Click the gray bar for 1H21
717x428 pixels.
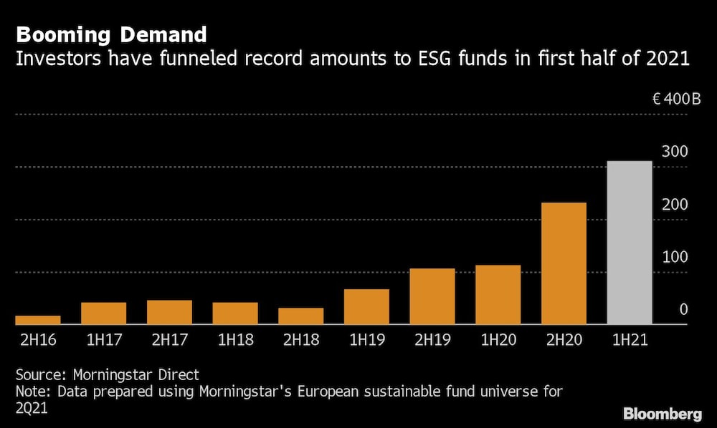point(630,243)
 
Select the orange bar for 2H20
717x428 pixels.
point(564,263)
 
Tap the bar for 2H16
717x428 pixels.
point(38,320)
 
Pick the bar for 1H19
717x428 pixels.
point(366,307)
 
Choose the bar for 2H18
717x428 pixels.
point(300,316)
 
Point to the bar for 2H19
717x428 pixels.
point(432,296)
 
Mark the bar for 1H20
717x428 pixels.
point(498,295)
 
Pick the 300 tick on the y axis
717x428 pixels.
point(675,152)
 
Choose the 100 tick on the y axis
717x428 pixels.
point(675,257)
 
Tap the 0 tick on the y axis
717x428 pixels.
point(683,309)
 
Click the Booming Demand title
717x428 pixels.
point(111,34)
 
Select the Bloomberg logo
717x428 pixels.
point(663,414)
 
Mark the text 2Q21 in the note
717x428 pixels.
point(32,407)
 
